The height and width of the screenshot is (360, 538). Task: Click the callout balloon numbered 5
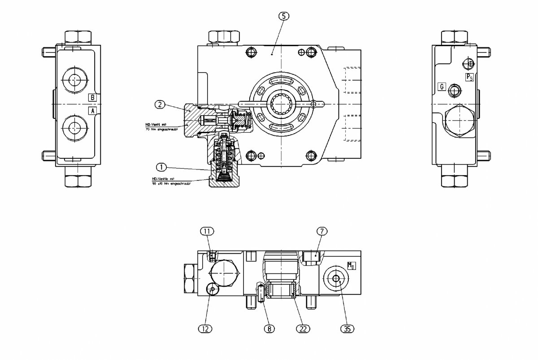[x=284, y=16]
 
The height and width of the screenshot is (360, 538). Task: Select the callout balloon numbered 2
[x=160, y=105]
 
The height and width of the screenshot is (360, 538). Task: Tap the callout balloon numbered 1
[x=161, y=167]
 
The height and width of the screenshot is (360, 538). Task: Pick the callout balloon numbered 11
[x=207, y=231]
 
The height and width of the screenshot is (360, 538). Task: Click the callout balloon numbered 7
[x=322, y=231]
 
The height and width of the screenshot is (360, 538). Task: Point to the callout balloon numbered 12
[x=205, y=329]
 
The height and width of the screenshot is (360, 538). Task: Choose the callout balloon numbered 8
[x=269, y=329]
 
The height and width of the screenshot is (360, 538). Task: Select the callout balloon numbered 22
[x=303, y=329]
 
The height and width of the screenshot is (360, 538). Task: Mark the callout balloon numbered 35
[x=347, y=329]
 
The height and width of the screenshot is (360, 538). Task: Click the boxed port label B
[x=92, y=97]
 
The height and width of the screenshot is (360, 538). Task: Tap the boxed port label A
[x=92, y=110]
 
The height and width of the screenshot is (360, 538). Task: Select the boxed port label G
[x=442, y=87]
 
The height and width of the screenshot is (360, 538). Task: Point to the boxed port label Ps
[x=469, y=77]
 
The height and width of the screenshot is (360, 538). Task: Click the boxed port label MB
[x=351, y=265]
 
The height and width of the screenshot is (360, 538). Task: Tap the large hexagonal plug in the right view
[x=459, y=120]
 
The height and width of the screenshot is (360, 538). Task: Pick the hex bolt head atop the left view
[x=78, y=36]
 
